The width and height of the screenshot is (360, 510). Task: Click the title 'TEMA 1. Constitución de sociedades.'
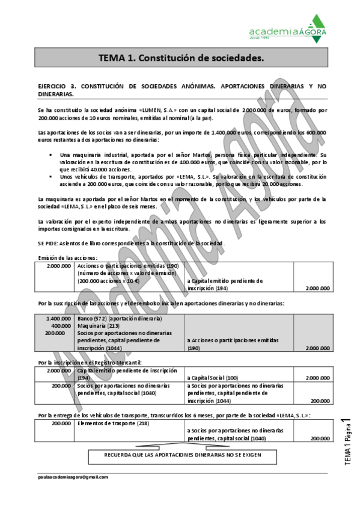(181, 58)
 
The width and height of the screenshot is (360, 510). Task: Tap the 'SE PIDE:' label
(49, 242)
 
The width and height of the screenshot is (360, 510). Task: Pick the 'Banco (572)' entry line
(120, 318)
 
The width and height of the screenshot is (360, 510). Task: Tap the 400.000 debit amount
(61, 325)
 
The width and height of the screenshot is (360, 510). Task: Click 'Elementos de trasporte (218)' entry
(113, 423)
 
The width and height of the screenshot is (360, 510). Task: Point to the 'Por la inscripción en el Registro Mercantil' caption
(90, 363)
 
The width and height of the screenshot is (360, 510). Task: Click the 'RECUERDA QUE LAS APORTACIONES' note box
(183, 456)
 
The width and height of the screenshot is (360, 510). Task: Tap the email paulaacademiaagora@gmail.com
(73, 476)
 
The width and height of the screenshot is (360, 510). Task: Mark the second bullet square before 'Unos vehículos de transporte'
(51, 177)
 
